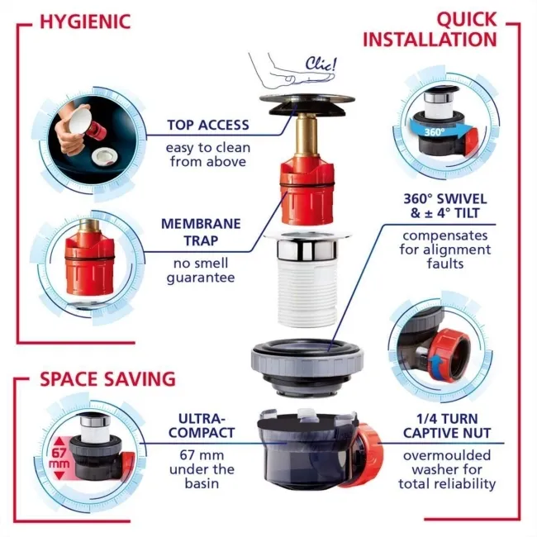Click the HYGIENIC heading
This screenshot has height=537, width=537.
pyautogui.click(x=85, y=21)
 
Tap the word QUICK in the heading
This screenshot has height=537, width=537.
pyautogui.click(x=467, y=20)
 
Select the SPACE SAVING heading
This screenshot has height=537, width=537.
pyautogui.click(x=108, y=379)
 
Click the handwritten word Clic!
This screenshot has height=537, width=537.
pyautogui.click(x=321, y=64)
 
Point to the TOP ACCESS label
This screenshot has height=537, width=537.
pyautogui.click(x=208, y=125)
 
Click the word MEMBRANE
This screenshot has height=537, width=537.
pyautogui.click(x=201, y=224)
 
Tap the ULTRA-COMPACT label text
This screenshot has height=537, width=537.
pyautogui.click(x=202, y=425)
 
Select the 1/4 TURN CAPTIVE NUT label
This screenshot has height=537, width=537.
pyautogui.click(x=447, y=425)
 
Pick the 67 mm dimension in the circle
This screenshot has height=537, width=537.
pyautogui.click(x=59, y=459)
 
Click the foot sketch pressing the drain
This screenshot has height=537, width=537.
pyautogui.click(x=292, y=73)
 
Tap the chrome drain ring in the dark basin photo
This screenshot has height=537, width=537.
pyautogui.click(x=104, y=156)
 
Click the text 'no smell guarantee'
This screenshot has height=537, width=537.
pyautogui.click(x=201, y=270)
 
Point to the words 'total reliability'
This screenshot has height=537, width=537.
pyautogui.click(x=447, y=484)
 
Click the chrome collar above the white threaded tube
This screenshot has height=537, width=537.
pyautogui.click(x=307, y=249)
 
